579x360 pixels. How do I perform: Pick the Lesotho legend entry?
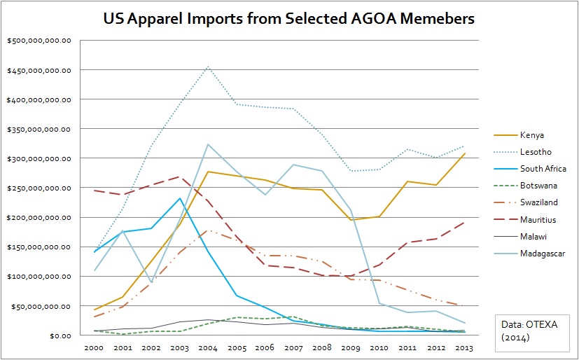[533, 152]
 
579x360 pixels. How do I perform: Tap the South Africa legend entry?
[543, 169]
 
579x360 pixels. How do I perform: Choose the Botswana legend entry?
[538, 186]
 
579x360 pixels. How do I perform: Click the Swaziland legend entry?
[538, 202]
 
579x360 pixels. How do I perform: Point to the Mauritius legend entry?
[537, 219]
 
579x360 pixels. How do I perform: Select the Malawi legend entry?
[532, 236]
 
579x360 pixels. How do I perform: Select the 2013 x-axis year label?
[463, 347]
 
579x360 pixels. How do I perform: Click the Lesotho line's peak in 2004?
[209, 67]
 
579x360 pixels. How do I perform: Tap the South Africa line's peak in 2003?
[180, 198]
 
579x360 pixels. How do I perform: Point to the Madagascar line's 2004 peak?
[209, 144]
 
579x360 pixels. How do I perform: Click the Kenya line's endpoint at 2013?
[463, 153]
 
